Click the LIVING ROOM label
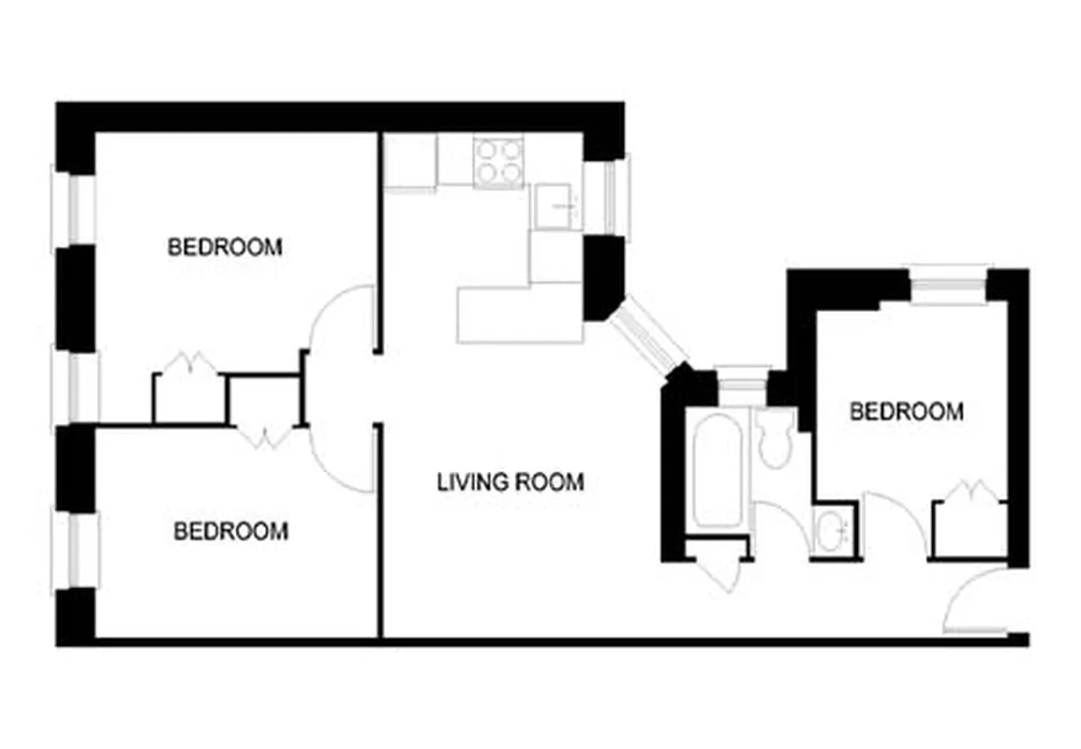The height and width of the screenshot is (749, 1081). (511, 482)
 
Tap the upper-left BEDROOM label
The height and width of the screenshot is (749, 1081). (225, 247)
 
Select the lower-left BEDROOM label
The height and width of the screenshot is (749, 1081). (231, 531)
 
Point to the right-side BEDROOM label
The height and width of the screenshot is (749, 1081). (906, 411)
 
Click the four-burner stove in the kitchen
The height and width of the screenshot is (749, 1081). (498, 161)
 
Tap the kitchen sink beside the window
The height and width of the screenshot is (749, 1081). (555, 206)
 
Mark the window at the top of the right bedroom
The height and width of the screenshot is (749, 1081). (948, 286)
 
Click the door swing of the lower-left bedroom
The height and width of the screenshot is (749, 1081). (342, 459)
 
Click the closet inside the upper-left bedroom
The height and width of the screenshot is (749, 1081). (189, 396)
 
